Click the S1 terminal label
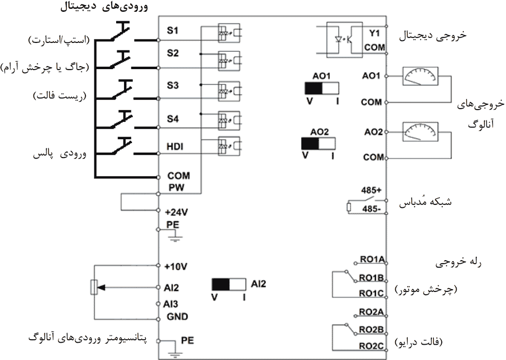(172, 31)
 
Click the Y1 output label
(374, 34)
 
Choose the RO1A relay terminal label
(372, 259)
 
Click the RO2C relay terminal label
(372, 346)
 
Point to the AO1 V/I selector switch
(322, 88)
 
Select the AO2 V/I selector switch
(318, 144)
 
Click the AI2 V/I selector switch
(229, 285)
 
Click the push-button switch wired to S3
(121, 88)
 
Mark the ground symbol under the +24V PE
(172, 238)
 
